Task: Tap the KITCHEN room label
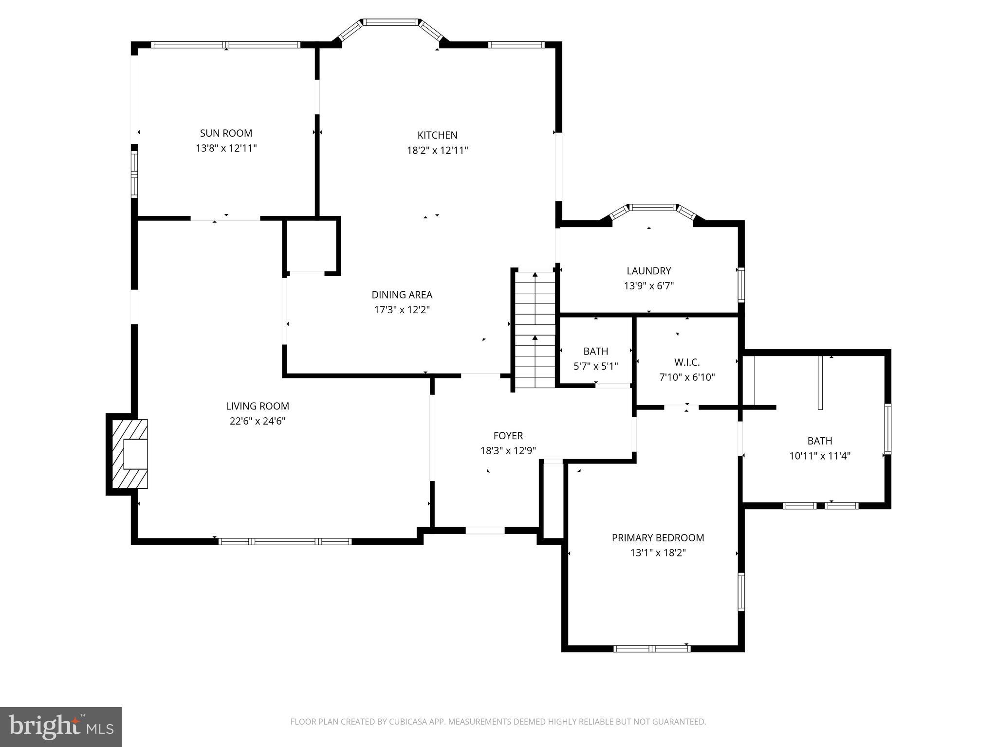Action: (437, 135)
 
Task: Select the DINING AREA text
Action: (402, 295)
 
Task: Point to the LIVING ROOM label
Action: (257, 406)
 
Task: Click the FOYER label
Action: (508, 436)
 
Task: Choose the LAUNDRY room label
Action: (648, 271)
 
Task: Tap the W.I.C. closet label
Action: (687, 362)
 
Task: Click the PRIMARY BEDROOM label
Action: (658, 538)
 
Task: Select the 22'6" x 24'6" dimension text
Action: (257, 421)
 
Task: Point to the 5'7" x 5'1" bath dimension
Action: (595, 366)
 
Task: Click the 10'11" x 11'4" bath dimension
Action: (819, 456)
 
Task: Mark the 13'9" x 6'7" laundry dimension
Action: (648, 286)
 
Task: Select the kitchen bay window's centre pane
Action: (391, 22)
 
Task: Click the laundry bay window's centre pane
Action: (653, 208)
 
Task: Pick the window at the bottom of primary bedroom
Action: (652, 648)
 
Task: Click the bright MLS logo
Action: (61, 727)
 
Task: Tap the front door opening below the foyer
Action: (485, 531)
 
